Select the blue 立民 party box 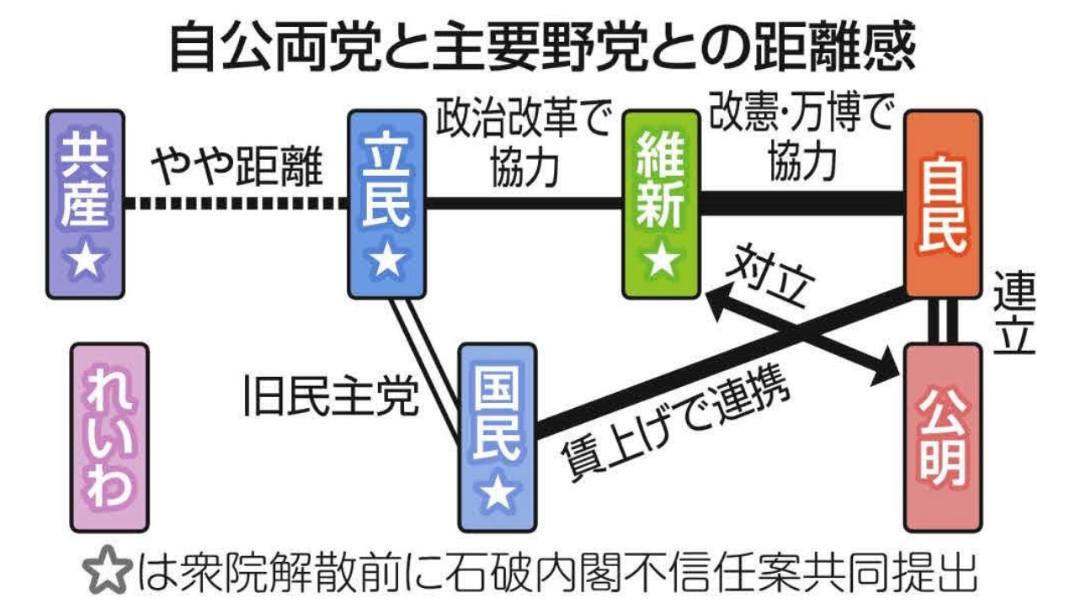pos(386,204)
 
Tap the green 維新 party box pos(661,204)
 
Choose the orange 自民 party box pos(943,204)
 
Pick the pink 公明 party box pos(943,437)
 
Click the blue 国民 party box pos(498,437)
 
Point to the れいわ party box pos(109,437)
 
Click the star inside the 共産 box pos(86,263)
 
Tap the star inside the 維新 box pos(661,262)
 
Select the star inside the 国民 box pos(498,496)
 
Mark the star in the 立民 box pos(386,262)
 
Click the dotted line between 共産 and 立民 pos(236,203)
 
